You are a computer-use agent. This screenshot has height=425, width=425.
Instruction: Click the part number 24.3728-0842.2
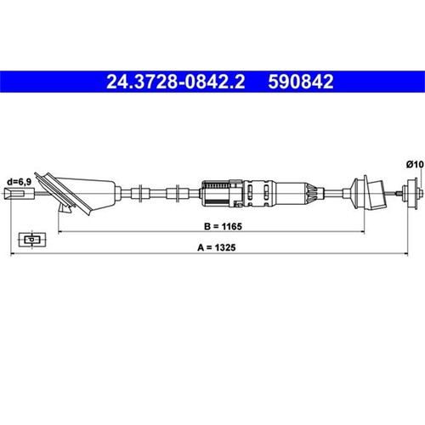(x=175, y=82)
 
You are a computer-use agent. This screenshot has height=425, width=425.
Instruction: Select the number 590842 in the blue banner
(x=301, y=82)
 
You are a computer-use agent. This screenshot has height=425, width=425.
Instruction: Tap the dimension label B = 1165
(x=223, y=226)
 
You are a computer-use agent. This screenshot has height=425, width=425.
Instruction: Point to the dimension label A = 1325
(x=217, y=247)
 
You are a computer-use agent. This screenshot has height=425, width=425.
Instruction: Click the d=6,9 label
(x=20, y=182)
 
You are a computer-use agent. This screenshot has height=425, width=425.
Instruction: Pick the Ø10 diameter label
(x=415, y=164)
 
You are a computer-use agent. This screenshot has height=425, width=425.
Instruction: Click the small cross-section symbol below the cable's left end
(x=32, y=240)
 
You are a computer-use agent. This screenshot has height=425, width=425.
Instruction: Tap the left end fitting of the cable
(x=20, y=194)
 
